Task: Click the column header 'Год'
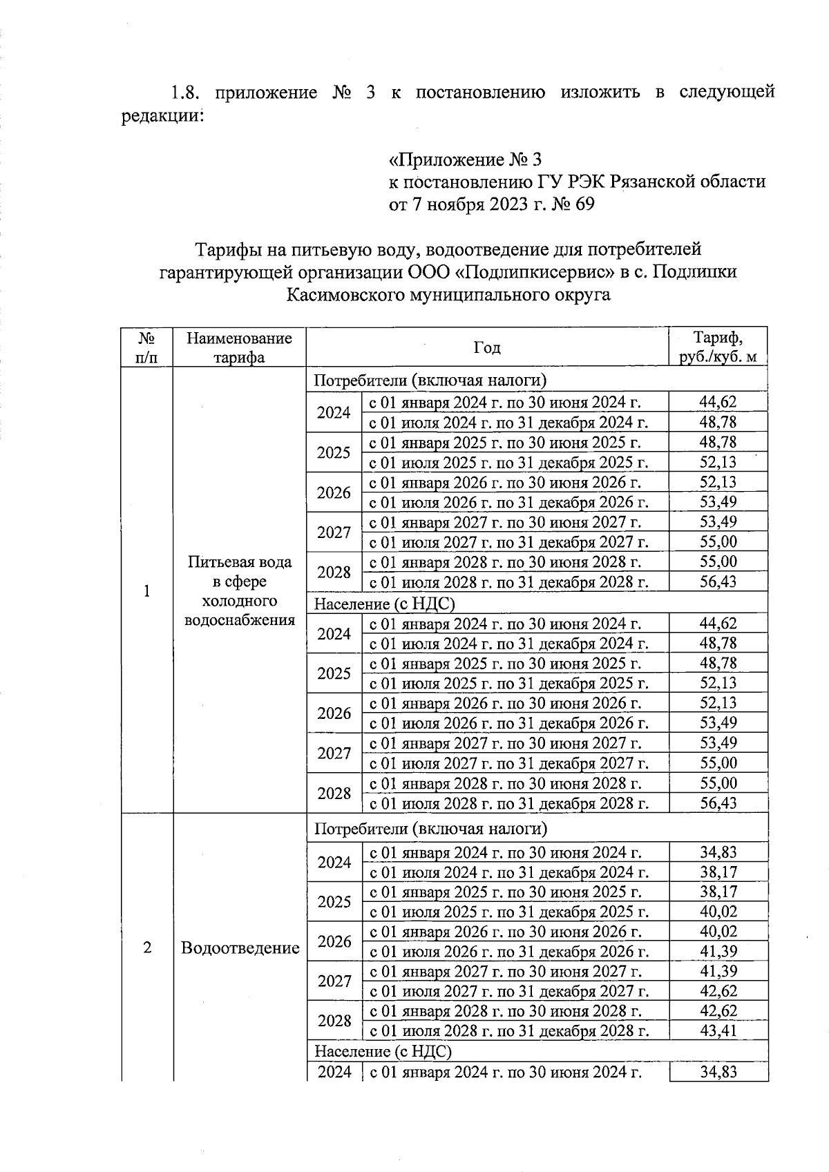tap(487, 347)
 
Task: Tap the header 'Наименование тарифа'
tap(239, 347)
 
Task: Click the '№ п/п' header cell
tap(146, 347)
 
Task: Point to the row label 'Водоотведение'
tap(240, 948)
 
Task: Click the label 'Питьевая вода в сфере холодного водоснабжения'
tap(240, 590)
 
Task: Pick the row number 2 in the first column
tap(147, 948)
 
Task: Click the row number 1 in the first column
tap(146, 591)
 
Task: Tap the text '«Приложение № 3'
tap(464, 160)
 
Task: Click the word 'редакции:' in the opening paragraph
tap(162, 115)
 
